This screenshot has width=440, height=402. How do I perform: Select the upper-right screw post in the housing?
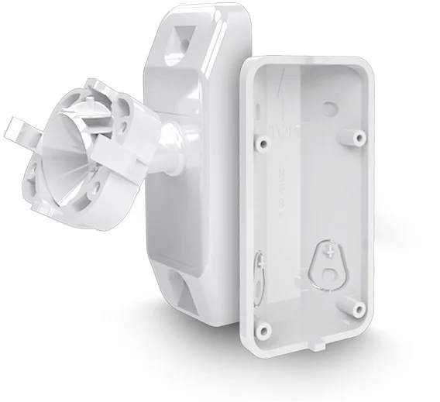[359, 138]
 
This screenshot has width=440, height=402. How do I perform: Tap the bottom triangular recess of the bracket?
[184, 297]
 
